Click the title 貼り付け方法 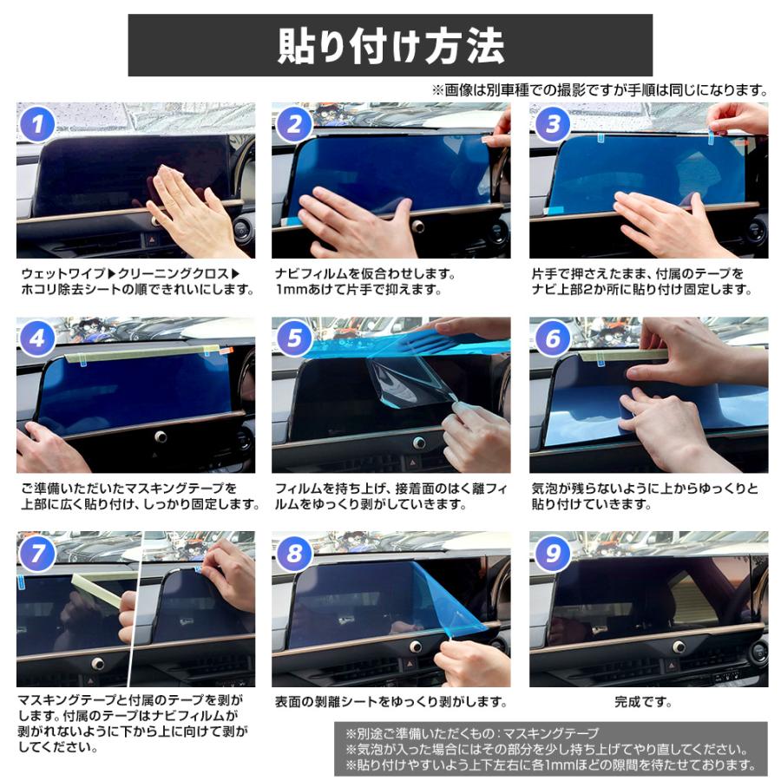pos(390,45)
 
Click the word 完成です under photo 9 pos(647,701)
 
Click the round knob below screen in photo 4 pos(161,437)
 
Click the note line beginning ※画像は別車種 pos(599,89)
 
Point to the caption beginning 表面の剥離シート pos(390,701)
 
